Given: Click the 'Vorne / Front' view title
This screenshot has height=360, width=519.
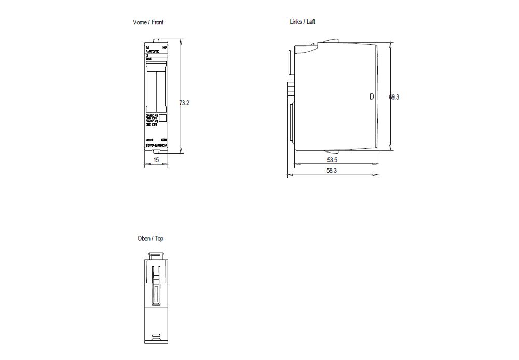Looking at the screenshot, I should point(148,22).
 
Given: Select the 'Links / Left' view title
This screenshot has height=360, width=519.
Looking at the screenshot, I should point(302,22).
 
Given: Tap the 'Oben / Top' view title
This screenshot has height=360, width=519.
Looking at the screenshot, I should point(150,238).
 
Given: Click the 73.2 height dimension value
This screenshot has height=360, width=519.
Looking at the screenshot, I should point(184,103).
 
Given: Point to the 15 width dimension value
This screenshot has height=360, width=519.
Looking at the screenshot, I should point(156,160).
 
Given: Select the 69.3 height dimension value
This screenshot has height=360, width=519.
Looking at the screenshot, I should point(394,96).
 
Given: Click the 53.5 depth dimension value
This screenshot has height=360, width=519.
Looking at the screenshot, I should point(332,159).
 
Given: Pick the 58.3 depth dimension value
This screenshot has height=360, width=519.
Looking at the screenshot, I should point(332,171).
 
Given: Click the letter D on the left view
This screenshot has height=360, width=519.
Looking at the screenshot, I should point(371,96).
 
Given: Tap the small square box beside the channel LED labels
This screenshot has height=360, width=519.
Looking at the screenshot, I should point(162,118).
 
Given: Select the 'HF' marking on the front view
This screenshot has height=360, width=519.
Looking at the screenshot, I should point(165,48).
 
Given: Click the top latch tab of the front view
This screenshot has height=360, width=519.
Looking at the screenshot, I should point(156,41).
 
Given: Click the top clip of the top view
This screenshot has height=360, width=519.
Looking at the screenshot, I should point(156,255).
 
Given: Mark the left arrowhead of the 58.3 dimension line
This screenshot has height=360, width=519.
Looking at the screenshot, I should point(289,175).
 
